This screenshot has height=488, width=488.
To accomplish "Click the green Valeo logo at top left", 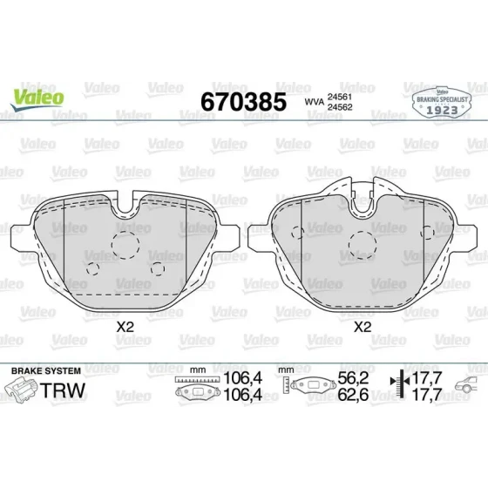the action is [37, 99].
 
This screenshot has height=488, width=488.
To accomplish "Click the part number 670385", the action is [243, 102].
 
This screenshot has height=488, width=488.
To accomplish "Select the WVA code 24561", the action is [340, 97].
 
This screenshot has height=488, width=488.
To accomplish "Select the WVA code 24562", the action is [340, 107].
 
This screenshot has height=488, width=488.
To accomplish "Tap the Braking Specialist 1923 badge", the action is [442, 102].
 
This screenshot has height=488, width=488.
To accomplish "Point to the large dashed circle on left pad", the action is [125, 245].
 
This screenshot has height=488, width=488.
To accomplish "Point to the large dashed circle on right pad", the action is [363, 245].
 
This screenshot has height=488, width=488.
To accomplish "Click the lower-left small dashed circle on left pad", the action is [92, 268].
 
